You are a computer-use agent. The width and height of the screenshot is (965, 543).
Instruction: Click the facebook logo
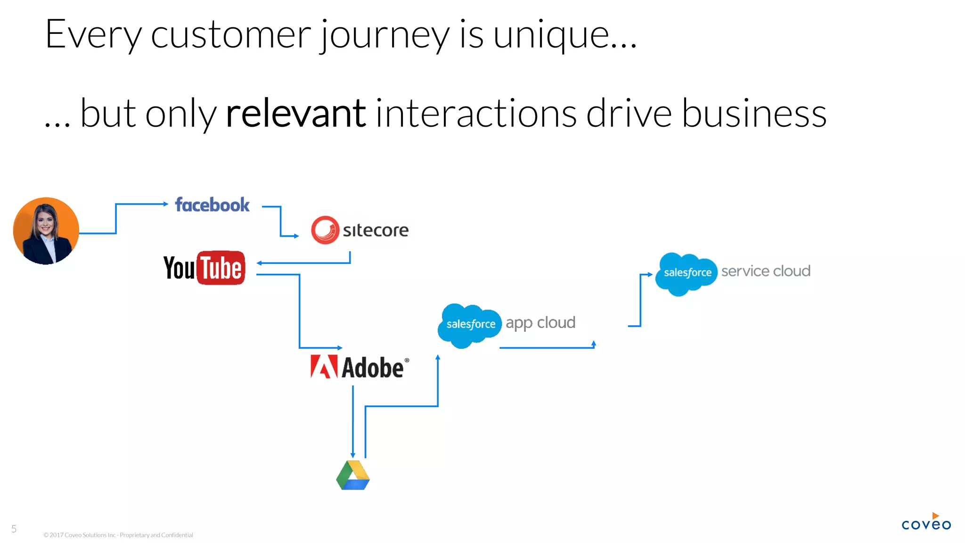(x=212, y=205)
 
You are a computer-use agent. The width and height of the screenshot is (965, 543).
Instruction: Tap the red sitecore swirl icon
(x=325, y=230)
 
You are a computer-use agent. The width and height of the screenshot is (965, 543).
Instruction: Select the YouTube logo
(x=204, y=268)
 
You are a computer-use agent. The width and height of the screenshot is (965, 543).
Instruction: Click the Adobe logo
(x=359, y=367)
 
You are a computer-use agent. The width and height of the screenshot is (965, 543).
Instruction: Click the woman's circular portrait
(x=46, y=231)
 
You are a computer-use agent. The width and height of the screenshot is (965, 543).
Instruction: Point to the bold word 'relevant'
(x=295, y=114)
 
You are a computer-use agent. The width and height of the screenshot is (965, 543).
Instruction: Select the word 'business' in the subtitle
(x=754, y=114)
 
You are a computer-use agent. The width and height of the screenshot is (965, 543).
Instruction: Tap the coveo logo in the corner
(x=926, y=523)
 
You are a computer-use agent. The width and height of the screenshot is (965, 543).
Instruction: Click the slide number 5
(x=14, y=529)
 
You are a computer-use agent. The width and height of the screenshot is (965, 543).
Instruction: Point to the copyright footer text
(x=118, y=535)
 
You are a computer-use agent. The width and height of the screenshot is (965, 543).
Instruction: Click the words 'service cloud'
(x=766, y=271)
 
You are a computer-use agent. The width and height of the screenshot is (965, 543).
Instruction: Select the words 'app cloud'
(x=540, y=323)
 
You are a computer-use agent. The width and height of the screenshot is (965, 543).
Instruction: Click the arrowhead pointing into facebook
(x=165, y=204)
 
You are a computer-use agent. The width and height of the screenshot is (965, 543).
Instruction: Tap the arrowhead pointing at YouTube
(x=259, y=263)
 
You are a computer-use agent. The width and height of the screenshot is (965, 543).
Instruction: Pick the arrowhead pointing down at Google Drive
(x=353, y=455)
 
